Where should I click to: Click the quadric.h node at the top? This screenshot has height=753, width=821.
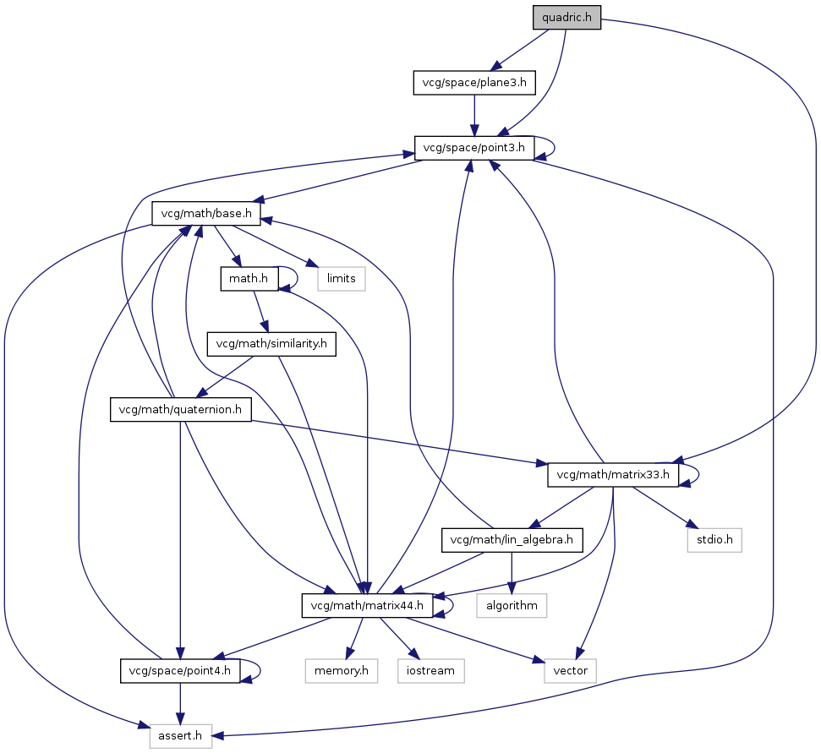coord(566,17)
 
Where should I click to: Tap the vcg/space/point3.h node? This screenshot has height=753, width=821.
coord(474,148)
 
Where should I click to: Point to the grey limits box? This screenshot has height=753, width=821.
coord(342,278)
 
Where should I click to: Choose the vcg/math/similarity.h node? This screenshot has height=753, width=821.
coord(271,344)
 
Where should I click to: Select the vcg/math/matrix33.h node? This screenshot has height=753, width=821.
coord(614,475)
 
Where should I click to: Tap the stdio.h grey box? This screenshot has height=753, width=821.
coord(714,540)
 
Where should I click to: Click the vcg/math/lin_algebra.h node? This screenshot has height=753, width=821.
coord(513,540)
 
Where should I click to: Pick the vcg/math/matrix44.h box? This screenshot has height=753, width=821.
coord(368,605)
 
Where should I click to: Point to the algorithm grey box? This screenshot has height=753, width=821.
coord(512,605)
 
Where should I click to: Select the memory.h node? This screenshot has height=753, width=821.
coord(342,671)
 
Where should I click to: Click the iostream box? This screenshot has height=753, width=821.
coord(431,671)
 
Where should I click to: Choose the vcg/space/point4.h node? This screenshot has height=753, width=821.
coord(180,671)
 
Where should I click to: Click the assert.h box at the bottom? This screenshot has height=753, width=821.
coord(181,736)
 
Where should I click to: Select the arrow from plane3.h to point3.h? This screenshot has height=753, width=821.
coord(474,114)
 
